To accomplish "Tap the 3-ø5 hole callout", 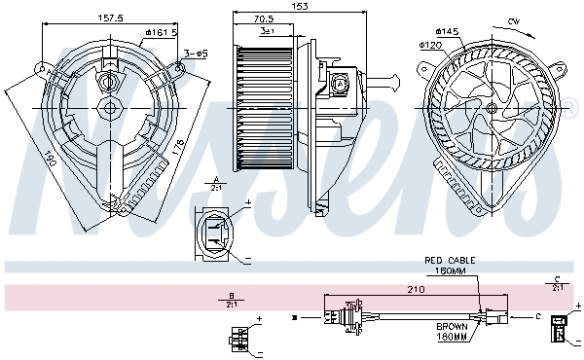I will click(x=194, y=53).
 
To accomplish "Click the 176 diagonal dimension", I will click(x=176, y=148).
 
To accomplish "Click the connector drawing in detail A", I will click(x=213, y=234).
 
